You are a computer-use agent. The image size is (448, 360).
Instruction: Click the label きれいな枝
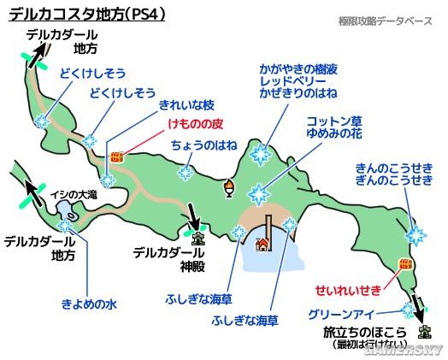point(186,105)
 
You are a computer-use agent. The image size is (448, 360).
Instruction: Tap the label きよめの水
point(89,303)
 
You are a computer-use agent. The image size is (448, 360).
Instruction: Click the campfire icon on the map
point(229,187)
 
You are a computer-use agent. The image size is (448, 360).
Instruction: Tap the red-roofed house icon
point(263,245)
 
